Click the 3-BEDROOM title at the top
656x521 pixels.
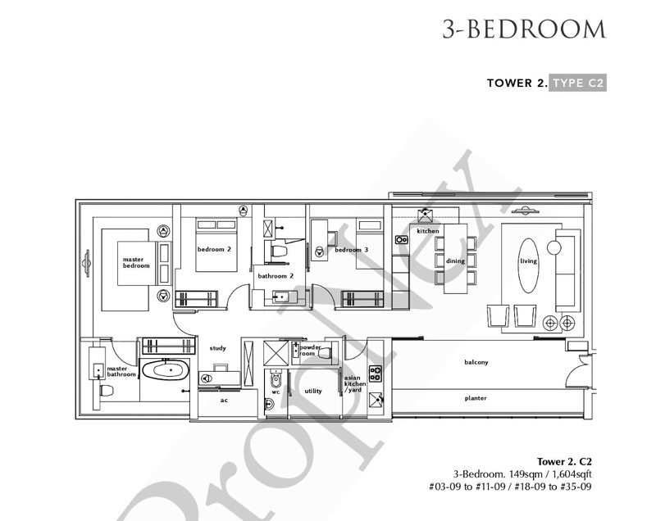pyautogui.click(x=524, y=29)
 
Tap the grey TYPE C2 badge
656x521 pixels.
pyautogui.click(x=577, y=83)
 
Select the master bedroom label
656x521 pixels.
pyautogui.click(x=136, y=262)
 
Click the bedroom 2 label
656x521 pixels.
pyautogui.click(x=214, y=249)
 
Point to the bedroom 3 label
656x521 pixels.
pyautogui.click(x=352, y=250)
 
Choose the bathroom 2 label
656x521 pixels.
pyautogui.click(x=276, y=276)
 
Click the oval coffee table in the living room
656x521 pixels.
pyautogui.click(x=528, y=265)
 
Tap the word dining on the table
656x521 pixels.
pyautogui.click(x=455, y=261)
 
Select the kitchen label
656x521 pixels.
pyautogui.click(x=428, y=231)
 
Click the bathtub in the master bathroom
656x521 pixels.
pyautogui.click(x=166, y=369)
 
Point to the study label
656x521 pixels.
pyautogui.click(x=217, y=348)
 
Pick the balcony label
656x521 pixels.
pyautogui.click(x=476, y=362)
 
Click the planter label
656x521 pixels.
pyautogui.click(x=476, y=398)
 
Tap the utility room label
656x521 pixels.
pyautogui.click(x=313, y=391)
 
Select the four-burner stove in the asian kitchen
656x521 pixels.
pyautogui.click(x=376, y=374)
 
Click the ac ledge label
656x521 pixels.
pyautogui.click(x=224, y=401)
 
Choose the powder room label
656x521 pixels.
pyautogui.click(x=309, y=350)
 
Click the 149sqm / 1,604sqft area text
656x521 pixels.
pyautogui.click(x=550, y=474)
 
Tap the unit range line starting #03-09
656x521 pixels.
pyautogui.click(x=510, y=487)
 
